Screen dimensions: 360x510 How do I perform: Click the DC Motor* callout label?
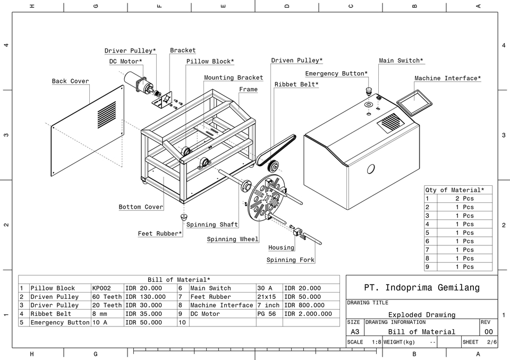tap(126, 62)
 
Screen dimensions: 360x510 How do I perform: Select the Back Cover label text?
tap(70, 81)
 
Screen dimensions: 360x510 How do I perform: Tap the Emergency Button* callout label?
tap(336, 73)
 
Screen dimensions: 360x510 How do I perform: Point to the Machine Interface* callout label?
tap(448, 78)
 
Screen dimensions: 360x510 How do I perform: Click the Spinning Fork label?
tap(291, 260)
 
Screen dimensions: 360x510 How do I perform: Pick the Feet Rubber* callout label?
tap(160, 234)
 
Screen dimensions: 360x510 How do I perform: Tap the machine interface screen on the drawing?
tap(415, 101)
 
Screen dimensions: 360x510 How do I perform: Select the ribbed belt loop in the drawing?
tap(276, 149)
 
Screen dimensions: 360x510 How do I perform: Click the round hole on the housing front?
tap(371, 169)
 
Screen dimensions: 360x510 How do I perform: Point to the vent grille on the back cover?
tap(107, 115)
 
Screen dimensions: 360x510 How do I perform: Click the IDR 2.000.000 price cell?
tap(308, 314)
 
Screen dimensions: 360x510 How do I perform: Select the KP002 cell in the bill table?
tap(101, 288)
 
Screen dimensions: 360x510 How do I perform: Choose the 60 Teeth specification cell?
tap(107, 297)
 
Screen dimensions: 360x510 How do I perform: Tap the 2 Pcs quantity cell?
tap(464, 199)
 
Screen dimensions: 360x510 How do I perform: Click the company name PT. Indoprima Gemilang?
tap(422, 288)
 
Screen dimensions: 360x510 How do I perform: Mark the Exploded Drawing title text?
tap(422, 315)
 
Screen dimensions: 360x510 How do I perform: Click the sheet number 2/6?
tap(491, 342)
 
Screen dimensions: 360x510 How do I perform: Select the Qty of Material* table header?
tap(454, 190)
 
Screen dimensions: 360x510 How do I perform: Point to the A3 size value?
tap(355, 331)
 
